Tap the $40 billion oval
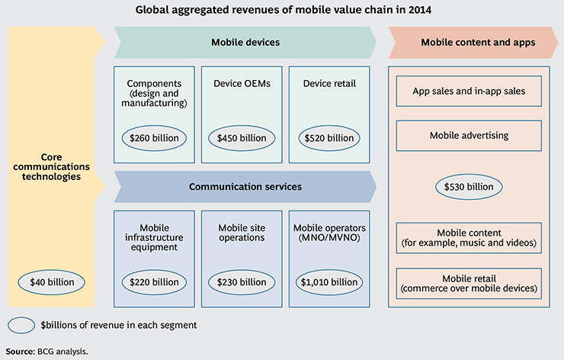click(53, 282)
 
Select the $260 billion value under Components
click(155, 138)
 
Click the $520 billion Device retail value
click(330, 138)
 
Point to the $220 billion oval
click(155, 282)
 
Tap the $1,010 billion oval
click(330, 282)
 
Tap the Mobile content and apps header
click(468, 43)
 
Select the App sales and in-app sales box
click(468, 91)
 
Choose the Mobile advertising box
click(468, 135)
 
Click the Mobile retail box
click(468, 283)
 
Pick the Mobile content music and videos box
click(468, 238)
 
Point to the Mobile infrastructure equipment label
click(155, 236)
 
